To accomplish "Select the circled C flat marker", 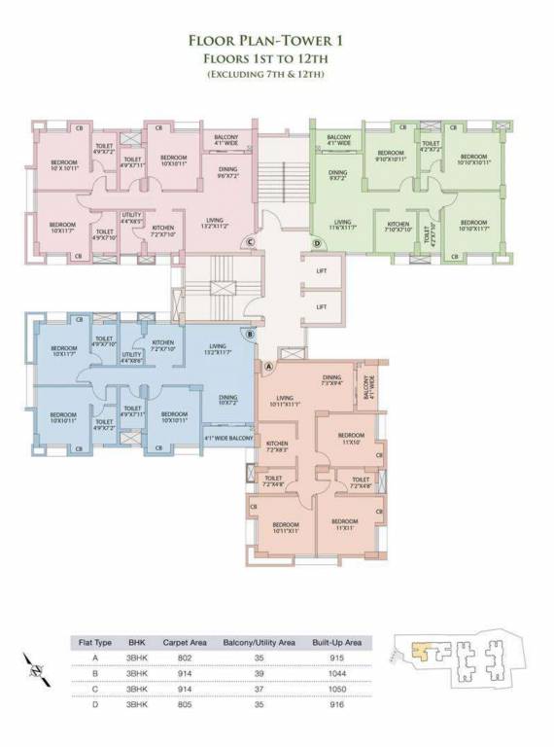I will [250, 241].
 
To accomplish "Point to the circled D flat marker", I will [316, 242].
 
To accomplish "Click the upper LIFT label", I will [322, 271].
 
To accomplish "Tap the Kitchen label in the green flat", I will [398, 227].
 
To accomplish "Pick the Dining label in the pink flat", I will [228, 172].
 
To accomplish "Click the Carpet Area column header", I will [182, 642].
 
